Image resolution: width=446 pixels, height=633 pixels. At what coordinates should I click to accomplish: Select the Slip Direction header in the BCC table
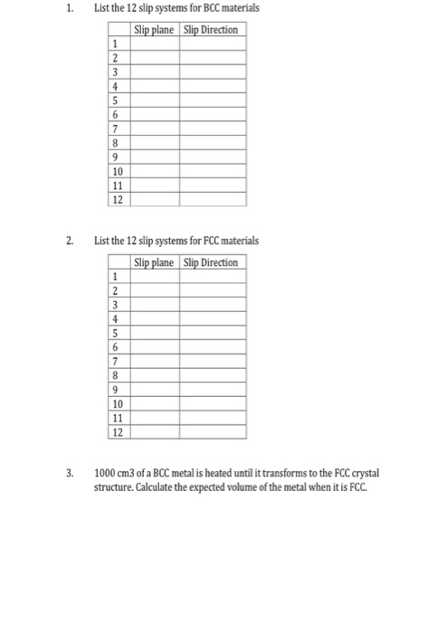pyautogui.click(x=211, y=30)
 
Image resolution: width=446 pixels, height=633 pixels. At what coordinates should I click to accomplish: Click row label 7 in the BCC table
pyautogui.click(x=115, y=128)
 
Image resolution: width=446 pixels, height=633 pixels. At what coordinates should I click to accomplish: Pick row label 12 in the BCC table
pyautogui.click(x=117, y=199)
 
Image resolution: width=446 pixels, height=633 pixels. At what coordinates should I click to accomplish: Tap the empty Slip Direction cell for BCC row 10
pyautogui.click(x=211, y=171)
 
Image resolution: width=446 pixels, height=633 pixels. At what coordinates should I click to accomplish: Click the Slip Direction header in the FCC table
pyautogui.click(x=211, y=263)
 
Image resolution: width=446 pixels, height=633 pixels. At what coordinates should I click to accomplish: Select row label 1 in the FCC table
pyautogui.click(x=115, y=277)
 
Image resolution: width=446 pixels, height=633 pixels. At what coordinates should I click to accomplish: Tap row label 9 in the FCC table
pyautogui.click(x=115, y=390)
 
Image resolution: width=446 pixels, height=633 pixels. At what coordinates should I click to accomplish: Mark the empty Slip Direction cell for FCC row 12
pyautogui.click(x=211, y=432)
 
